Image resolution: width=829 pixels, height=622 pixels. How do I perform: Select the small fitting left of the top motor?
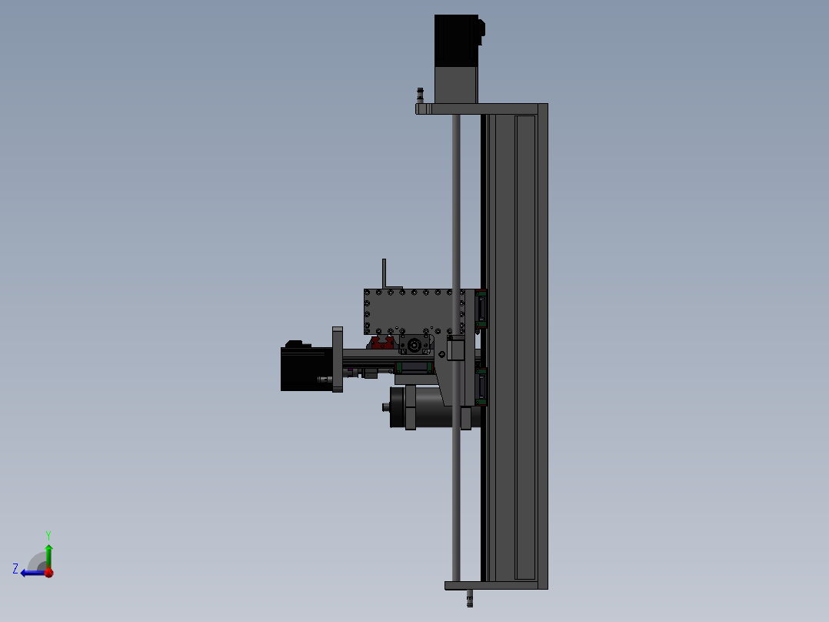(x=421, y=95)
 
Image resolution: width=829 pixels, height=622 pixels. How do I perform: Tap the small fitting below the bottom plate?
(x=469, y=599)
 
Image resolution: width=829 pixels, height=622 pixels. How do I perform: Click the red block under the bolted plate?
(x=381, y=343)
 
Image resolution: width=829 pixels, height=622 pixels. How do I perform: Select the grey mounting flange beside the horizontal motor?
(x=338, y=359)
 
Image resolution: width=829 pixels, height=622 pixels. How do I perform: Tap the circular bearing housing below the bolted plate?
(x=414, y=345)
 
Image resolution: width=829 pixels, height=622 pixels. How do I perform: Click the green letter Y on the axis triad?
(x=48, y=535)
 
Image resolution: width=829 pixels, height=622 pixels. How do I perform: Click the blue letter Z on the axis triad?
(x=15, y=569)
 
